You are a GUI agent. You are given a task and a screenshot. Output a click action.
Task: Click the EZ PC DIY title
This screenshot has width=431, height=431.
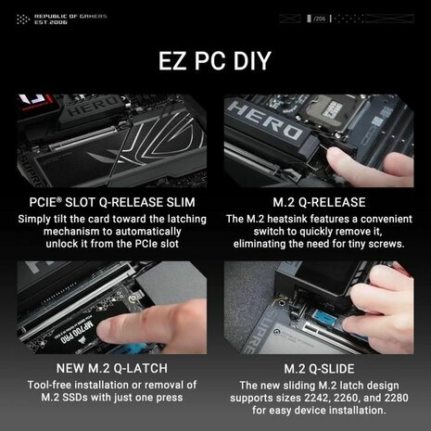215,63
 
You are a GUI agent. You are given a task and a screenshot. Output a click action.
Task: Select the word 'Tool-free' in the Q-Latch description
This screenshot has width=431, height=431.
57,385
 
